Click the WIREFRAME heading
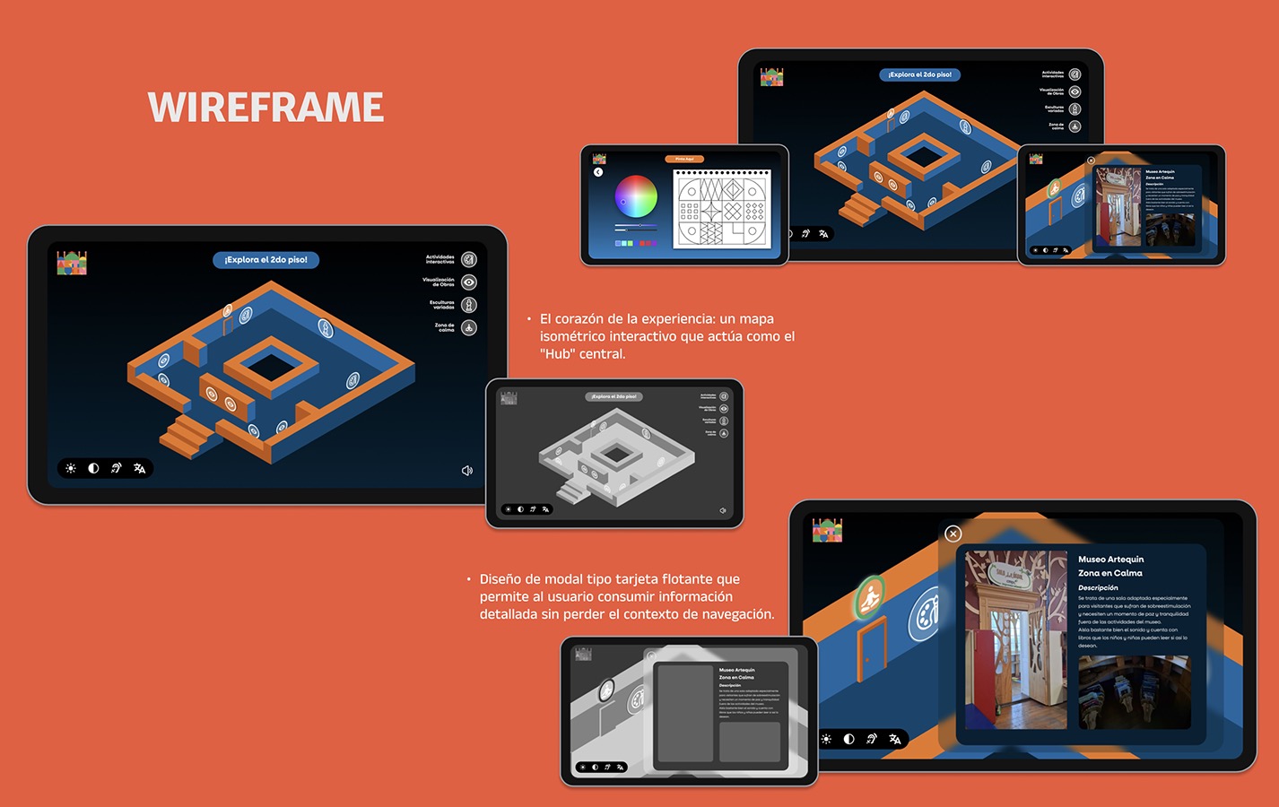point(265,108)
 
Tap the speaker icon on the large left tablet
point(466,471)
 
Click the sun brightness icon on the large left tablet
point(71,468)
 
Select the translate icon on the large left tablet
point(139,468)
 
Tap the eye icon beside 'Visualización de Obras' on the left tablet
point(469,282)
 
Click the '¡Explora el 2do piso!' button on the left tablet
point(265,260)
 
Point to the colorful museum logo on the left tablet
point(72,263)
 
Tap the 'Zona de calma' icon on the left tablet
point(469,328)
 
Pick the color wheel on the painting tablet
point(636,196)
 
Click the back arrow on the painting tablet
point(598,172)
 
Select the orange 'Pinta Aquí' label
point(684,159)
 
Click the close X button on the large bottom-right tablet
point(953,534)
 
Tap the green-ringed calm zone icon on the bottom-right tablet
point(868,598)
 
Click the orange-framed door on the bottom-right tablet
point(870,647)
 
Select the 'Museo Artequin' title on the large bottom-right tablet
point(1110,560)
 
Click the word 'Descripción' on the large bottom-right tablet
point(1098,588)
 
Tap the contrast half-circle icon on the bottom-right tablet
point(848,739)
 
